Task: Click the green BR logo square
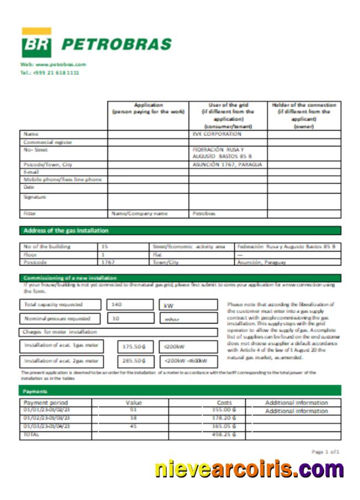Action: coord(36,44)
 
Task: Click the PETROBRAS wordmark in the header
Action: coord(116,44)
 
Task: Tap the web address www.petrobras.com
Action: coord(54,65)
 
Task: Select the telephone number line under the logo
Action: coord(49,72)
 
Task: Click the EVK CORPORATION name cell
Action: coord(217,134)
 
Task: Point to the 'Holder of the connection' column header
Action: coord(304,115)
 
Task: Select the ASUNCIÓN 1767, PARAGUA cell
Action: coord(227,165)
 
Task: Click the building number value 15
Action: coord(105,246)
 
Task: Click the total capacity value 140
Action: coord(117,305)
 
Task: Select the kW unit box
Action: coord(188,305)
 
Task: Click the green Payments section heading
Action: coord(35,390)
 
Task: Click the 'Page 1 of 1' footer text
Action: coord(326,452)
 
